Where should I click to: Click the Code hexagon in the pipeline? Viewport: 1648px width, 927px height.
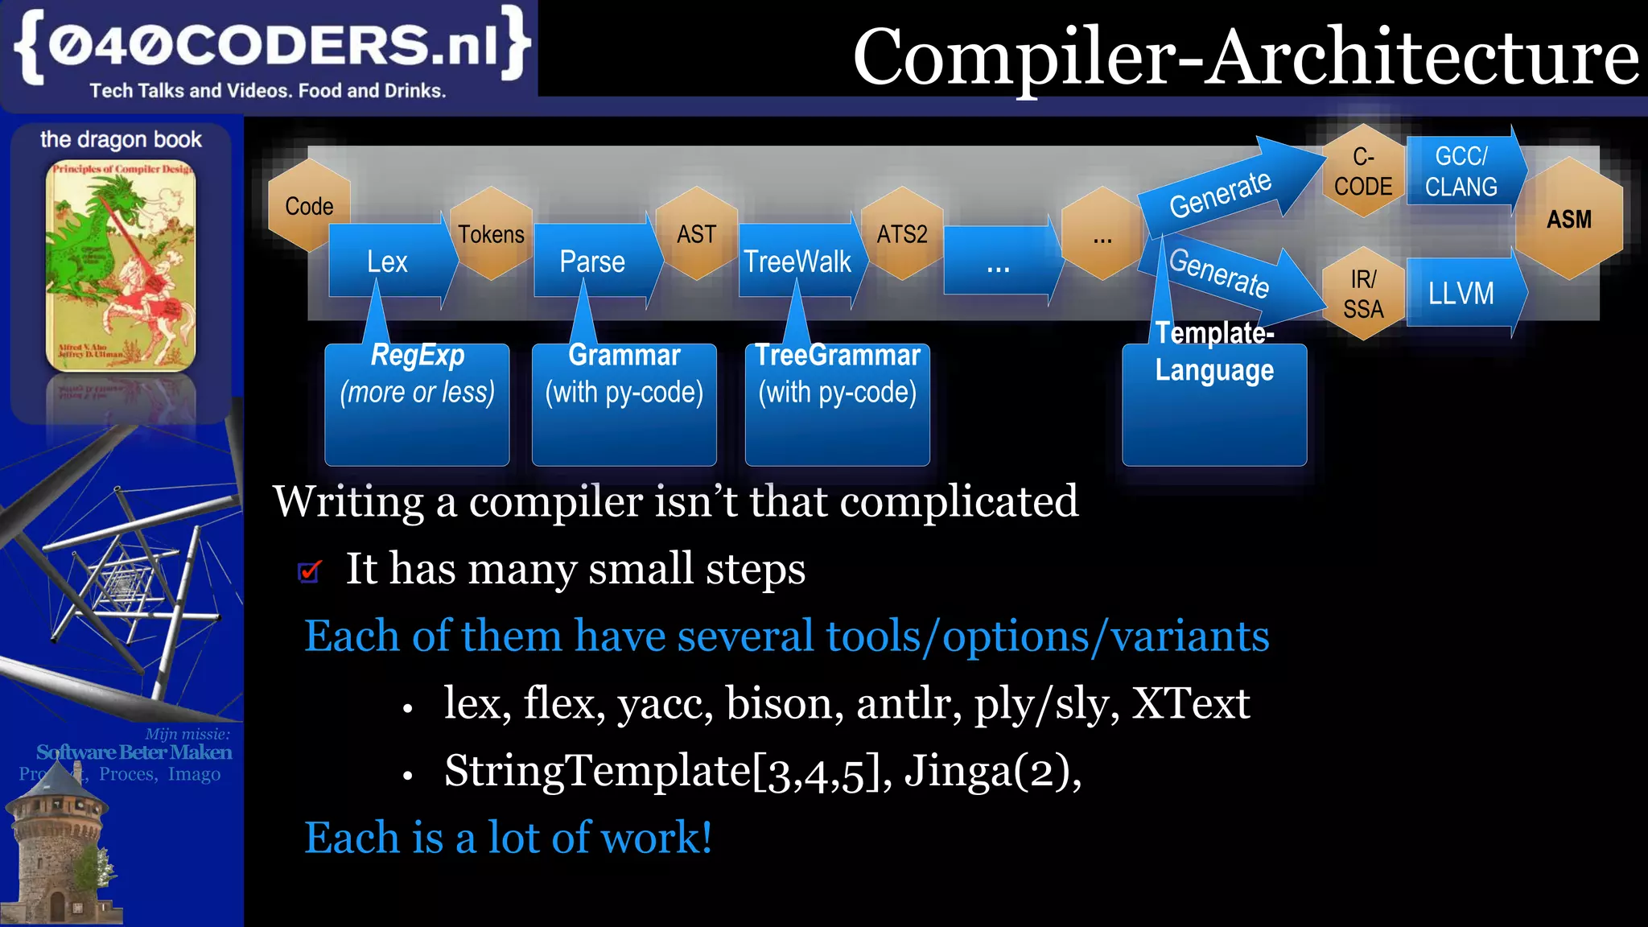[x=308, y=205]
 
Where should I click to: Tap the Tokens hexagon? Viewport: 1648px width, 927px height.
[x=491, y=233]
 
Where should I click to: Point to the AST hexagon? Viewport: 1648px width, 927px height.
[x=696, y=233]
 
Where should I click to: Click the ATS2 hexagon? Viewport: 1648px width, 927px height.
[x=902, y=233]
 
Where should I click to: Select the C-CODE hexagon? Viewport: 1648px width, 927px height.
[x=1362, y=171]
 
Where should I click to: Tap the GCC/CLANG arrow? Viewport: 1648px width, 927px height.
[x=1462, y=171]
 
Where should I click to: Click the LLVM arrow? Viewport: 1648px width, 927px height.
[x=1462, y=293]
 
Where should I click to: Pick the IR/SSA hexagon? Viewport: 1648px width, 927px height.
[x=1362, y=294]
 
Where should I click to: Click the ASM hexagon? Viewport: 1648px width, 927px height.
[x=1569, y=219]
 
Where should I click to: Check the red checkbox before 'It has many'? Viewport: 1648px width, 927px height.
[x=309, y=571]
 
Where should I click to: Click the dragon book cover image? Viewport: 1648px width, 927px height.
[x=121, y=266]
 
